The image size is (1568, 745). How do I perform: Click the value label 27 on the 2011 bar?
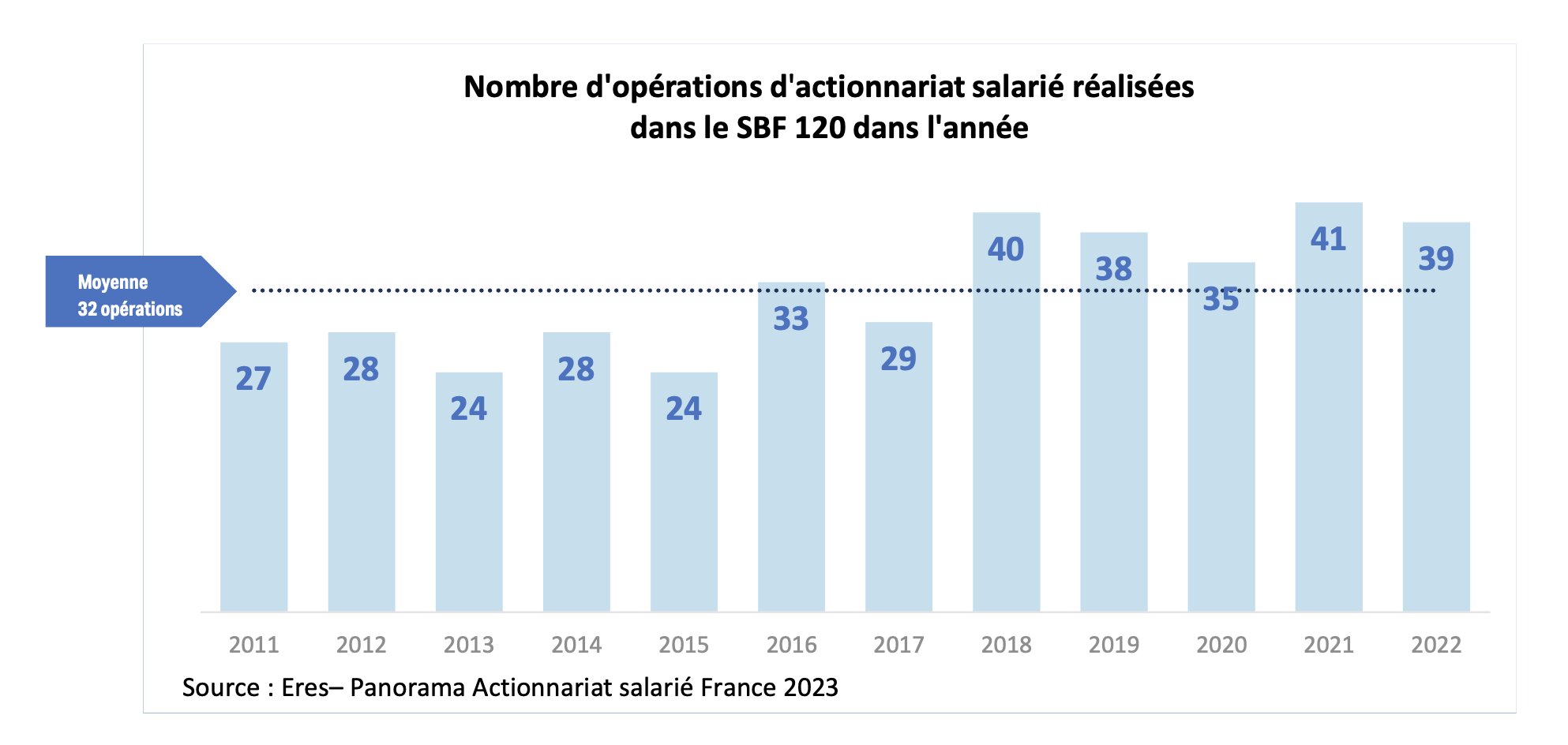coord(253,379)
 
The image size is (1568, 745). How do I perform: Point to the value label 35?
coord(1221,300)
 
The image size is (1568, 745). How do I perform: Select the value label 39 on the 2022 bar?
coord(1436,259)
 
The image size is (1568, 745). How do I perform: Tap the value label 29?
coord(898,359)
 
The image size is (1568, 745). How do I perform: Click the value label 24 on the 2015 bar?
coord(684,409)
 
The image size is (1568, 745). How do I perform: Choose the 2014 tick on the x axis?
coord(576,645)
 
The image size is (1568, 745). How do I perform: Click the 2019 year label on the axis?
coord(1113,645)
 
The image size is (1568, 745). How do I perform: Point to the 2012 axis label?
coord(361,645)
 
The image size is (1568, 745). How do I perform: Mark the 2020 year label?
coord(1221,645)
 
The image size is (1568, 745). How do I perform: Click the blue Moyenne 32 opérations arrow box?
coord(134,291)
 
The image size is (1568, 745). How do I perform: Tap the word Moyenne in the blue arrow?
coord(113,282)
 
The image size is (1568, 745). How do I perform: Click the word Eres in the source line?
coord(305,687)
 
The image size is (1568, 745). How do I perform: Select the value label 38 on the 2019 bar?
coord(1113,269)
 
